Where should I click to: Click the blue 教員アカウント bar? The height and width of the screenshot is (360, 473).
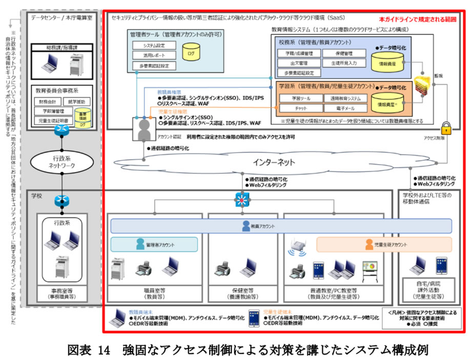tap(281, 226)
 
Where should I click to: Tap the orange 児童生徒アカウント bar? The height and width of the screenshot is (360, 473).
tap(384, 244)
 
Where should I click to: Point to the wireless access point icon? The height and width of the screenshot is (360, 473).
tap(296, 251)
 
